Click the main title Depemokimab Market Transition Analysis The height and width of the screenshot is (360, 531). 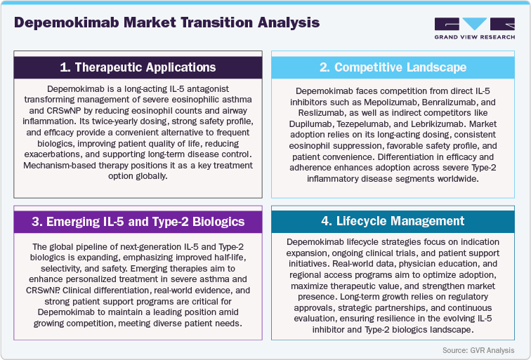[166, 22]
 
